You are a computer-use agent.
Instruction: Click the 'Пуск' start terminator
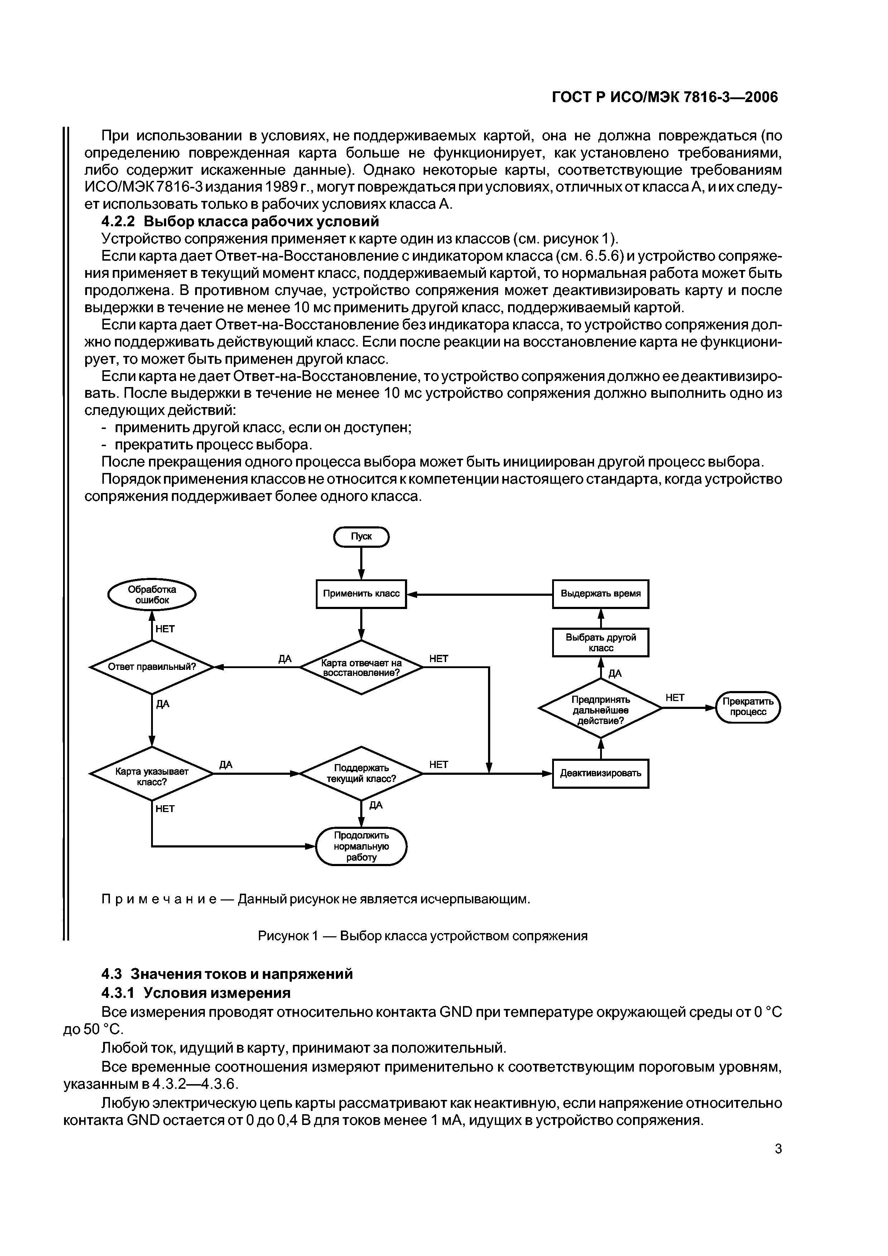[x=361, y=537]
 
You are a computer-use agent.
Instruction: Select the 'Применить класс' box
[x=361, y=594]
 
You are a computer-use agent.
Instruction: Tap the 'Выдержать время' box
[x=600, y=594]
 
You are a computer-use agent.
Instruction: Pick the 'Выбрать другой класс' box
[x=600, y=643]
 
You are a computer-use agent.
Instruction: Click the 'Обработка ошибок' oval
[x=151, y=595]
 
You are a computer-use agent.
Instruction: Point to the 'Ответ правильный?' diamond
[x=151, y=667]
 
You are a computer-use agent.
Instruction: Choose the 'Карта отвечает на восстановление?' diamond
[x=361, y=667]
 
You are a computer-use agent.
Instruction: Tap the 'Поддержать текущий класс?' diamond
[x=361, y=773]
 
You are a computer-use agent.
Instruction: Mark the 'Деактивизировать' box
[x=600, y=773]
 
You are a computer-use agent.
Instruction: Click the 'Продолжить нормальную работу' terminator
[x=361, y=846]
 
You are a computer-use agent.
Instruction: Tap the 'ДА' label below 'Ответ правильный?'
[x=163, y=704]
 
